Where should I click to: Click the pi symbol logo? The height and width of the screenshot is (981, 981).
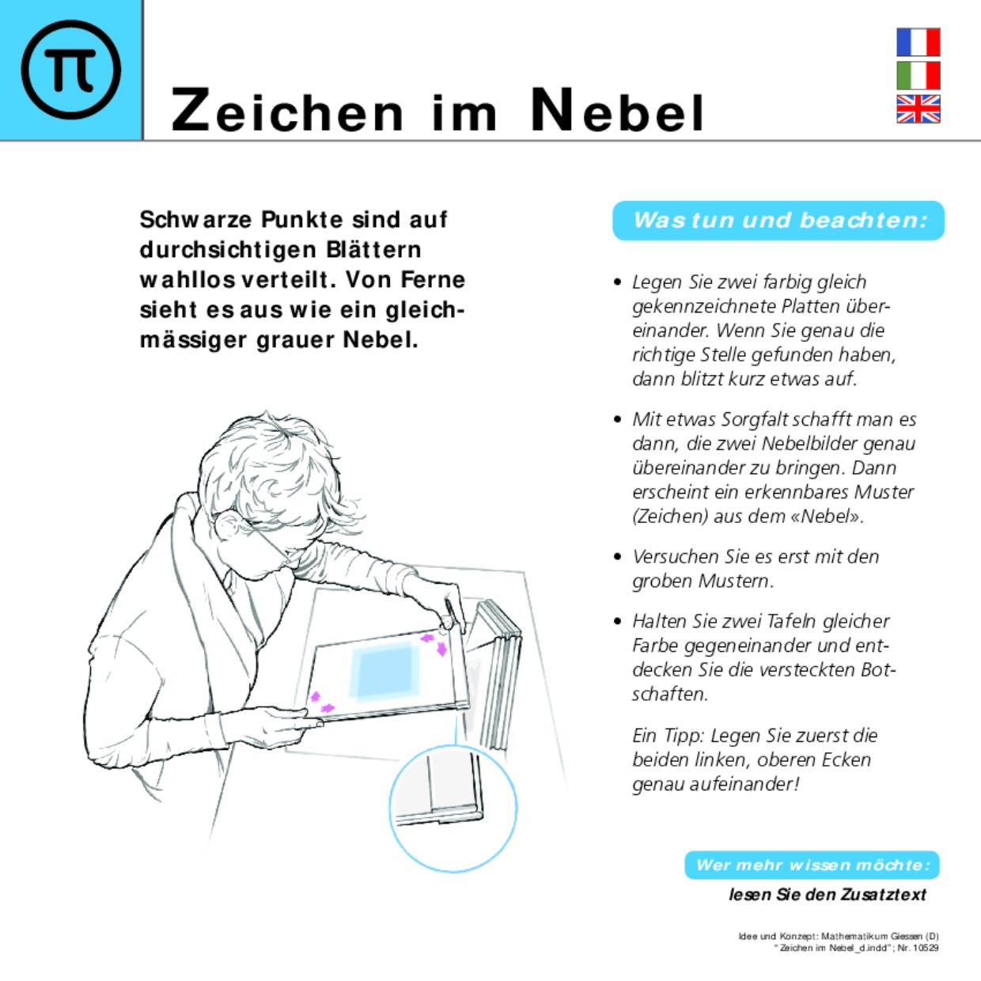click(x=71, y=70)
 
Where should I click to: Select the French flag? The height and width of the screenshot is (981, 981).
click(x=918, y=42)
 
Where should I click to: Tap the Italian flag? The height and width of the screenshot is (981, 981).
click(x=918, y=76)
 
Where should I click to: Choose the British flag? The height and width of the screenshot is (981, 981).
click(x=918, y=109)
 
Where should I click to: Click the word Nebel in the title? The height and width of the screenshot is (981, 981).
click(x=617, y=111)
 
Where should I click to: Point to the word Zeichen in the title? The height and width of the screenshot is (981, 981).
click(x=287, y=111)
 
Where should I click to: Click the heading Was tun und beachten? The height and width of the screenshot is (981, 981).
click(x=779, y=220)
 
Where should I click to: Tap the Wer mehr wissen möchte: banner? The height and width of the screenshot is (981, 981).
click(x=812, y=865)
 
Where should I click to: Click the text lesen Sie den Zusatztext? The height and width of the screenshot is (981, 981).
click(x=827, y=895)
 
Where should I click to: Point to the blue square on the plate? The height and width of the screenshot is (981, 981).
click(x=385, y=672)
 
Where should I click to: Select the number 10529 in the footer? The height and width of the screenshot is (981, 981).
click(x=925, y=948)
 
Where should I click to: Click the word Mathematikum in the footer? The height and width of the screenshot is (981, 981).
click(x=854, y=937)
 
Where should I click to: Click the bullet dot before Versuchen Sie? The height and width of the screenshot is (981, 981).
click(x=618, y=557)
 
